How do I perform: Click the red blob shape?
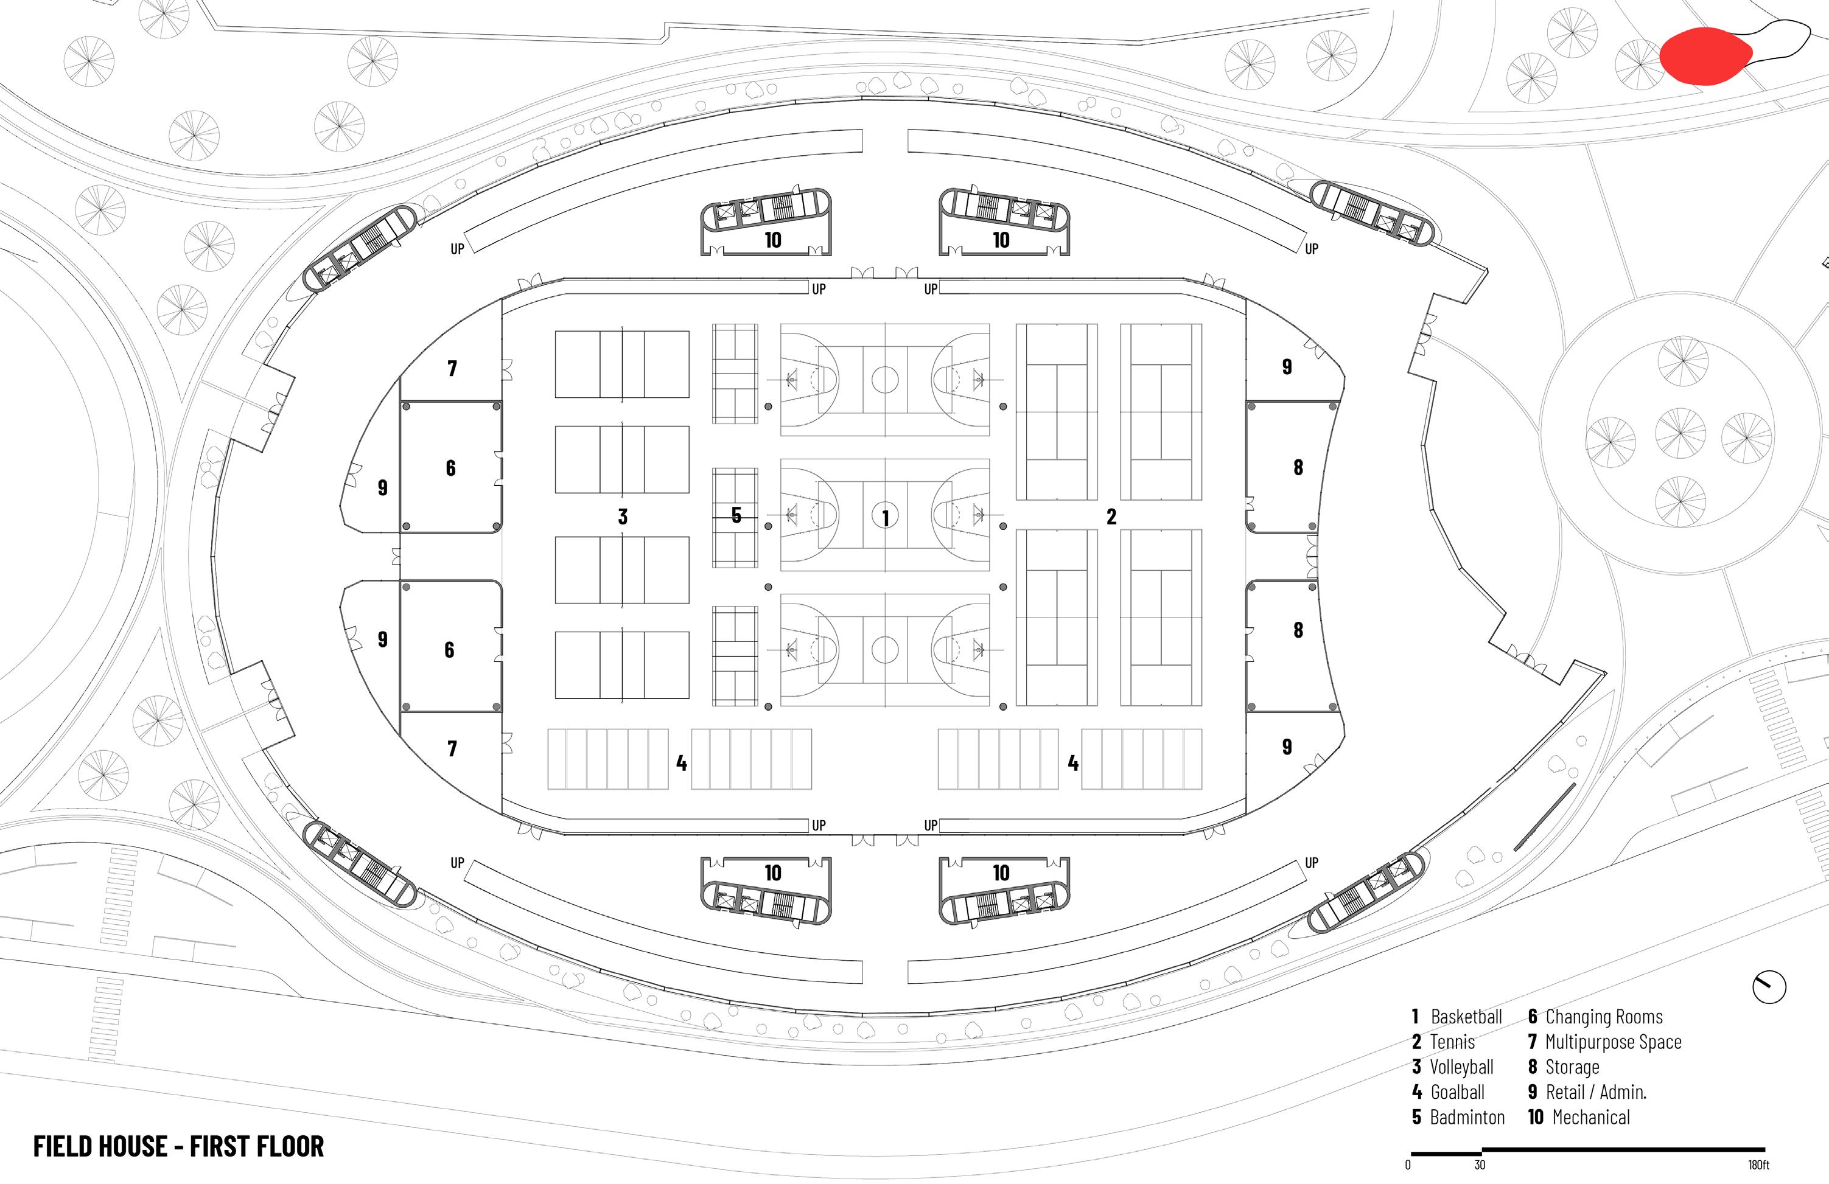click(x=1706, y=55)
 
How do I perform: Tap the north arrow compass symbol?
click(x=1769, y=987)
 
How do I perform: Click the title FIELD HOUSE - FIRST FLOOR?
click(x=178, y=1146)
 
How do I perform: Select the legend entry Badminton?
click(x=1458, y=1117)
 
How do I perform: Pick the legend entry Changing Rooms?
click(x=1595, y=1017)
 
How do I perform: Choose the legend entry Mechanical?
click(x=1579, y=1117)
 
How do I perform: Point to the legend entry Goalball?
click(x=1448, y=1092)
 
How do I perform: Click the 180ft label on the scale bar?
click(x=1758, y=1165)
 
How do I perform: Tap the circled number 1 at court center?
click(x=886, y=517)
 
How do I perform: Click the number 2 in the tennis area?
click(x=1111, y=517)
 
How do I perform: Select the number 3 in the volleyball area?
click(x=623, y=517)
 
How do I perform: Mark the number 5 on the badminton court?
click(x=736, y=515)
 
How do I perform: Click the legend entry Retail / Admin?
click(x=1587, y=1092)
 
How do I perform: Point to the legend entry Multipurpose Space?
click(x=1604, y=1042)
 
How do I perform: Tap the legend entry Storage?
click(x=1563, y=1067)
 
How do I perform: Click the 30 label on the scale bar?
click(x=1480, y=1165)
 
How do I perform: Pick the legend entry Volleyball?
click(x=1452, y=1067)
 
